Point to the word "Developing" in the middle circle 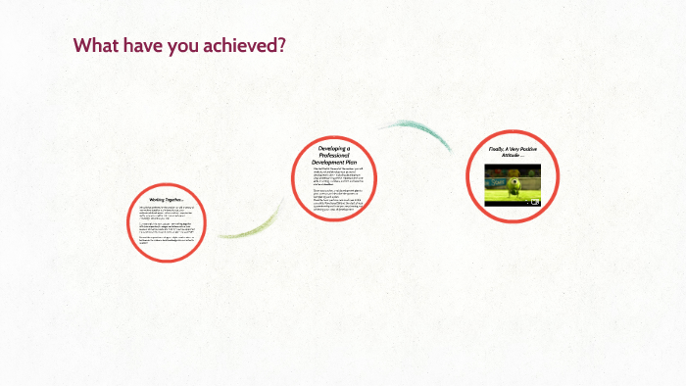point(334,148)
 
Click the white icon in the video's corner point(534,202)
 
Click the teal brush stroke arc point(412,131)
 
